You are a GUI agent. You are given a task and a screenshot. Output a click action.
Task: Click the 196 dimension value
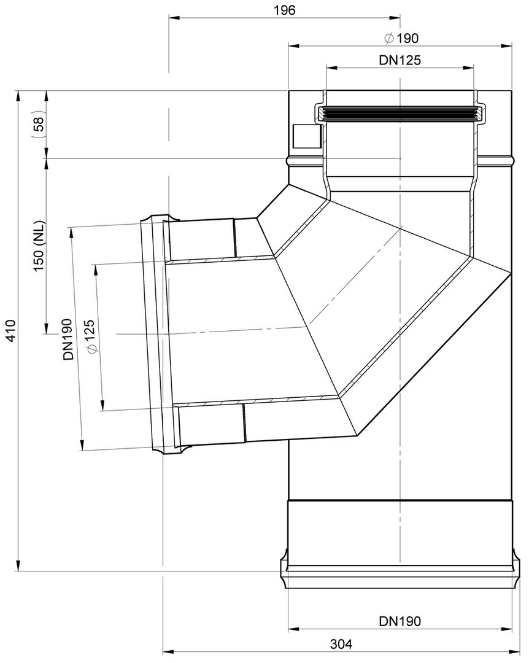point(284,10)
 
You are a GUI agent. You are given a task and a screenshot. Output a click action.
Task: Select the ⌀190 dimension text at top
point(401,38)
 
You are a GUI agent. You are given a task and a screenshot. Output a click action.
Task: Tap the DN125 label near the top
point(400,60)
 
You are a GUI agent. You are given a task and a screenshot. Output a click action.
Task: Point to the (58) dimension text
point(38,126)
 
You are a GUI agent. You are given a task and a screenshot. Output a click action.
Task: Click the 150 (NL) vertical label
point(39,246)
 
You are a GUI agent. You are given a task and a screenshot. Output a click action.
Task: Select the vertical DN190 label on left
point(68,339)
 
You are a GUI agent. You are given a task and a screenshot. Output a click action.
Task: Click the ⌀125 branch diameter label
point(90,336)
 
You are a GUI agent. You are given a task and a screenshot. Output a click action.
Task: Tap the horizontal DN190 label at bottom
point(400,621)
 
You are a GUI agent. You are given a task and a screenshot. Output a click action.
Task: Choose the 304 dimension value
point(341,644)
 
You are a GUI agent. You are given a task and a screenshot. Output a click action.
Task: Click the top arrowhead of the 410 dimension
point(18,95)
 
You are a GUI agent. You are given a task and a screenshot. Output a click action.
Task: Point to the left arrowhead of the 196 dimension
point(174,17)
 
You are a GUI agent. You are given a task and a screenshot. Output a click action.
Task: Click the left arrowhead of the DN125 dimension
point(331,66)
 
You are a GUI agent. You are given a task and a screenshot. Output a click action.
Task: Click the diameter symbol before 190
point(389,38)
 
